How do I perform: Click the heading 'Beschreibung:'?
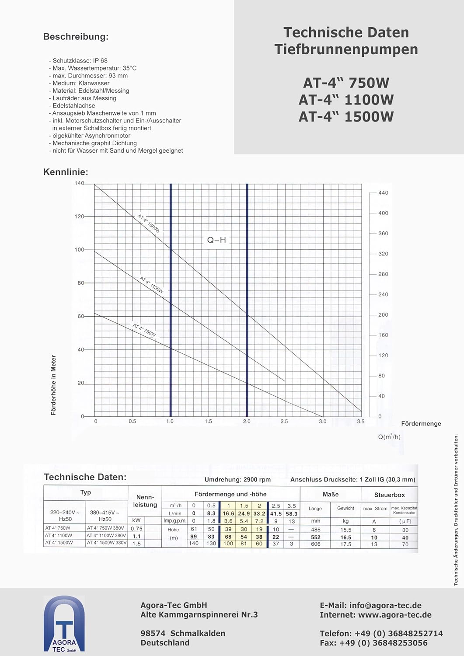tap(76, 37)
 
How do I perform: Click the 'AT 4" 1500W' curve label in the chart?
tap(149, 223)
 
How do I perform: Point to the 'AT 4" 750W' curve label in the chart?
tap(144, 330)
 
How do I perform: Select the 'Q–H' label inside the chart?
tap(216, 240)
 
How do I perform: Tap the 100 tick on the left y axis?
tap(79, 250)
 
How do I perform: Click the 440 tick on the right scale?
tap(383, 193)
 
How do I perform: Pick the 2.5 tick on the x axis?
tap(284, 421)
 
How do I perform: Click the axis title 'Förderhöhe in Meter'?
tap(54, 385)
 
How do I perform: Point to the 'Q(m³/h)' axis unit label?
tap(389, 436)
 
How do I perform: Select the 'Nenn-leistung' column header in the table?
tap(145, 501)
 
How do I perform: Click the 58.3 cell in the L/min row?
tap(292, 513)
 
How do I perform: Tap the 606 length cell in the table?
tap(316, 544)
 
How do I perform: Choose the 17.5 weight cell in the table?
tap(346, 544)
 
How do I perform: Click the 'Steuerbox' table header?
tap(389, 495)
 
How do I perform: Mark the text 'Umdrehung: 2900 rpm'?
tap(237, 479)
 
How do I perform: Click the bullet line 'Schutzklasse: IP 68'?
tap(80, 61)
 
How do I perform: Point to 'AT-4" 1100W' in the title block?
tap(346, 100)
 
